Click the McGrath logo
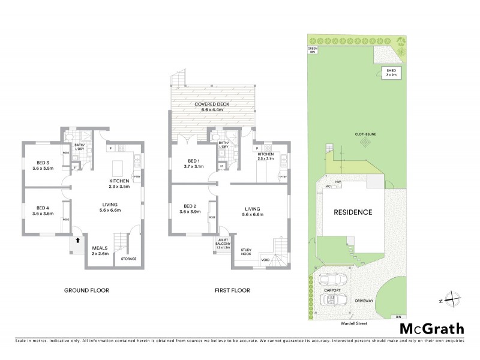pos(431,328)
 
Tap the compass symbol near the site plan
pos(455,300)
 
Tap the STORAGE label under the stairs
pos(128,259)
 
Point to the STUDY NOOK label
pos(247,251)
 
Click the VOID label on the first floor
pos(265,259)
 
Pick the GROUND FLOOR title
pos(86,290)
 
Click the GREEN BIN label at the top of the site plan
pos(312,50)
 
